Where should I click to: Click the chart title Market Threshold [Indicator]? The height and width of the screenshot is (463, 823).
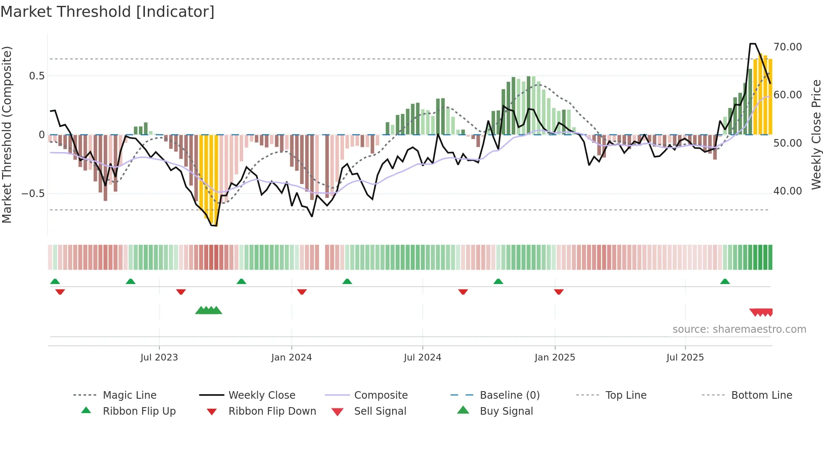point(107,12)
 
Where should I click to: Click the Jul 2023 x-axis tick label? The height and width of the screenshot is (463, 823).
point(159,358)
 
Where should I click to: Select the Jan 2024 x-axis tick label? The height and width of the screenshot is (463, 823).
point(291,358)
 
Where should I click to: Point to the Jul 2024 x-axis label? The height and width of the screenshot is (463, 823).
point(422,358)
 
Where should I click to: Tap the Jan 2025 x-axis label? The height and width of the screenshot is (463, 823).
point(555,358)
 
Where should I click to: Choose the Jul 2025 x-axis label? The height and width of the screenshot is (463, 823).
point(685,358)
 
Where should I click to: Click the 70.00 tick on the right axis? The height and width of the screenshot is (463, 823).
point(787,47)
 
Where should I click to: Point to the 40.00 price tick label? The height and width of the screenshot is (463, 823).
point(787,191)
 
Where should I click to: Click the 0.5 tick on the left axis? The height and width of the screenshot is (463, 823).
point(37,76)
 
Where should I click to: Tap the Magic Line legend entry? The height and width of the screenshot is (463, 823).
point(129,395)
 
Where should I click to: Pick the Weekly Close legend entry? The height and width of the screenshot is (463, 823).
point(262,395)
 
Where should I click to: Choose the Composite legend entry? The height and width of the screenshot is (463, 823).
point(380,395)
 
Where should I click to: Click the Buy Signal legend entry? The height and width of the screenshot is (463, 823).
point(506,411)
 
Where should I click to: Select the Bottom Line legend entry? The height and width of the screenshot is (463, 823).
point(761,395)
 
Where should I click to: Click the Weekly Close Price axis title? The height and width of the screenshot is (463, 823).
point(816,134)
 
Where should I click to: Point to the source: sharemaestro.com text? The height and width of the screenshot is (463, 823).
point(739,329)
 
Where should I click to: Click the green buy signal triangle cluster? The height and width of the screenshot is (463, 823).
point(209,311)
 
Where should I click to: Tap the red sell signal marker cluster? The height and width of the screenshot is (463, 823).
point(761,312)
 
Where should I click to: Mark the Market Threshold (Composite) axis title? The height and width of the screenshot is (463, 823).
point(7,134)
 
